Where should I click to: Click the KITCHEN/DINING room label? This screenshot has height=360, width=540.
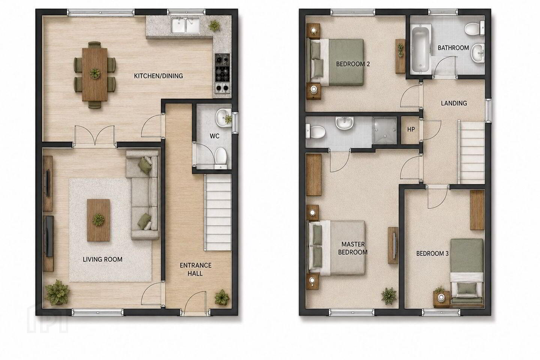coord(158,76)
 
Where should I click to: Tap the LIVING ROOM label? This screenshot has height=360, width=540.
coord(102,259)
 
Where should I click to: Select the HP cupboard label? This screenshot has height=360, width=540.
coord(411,129)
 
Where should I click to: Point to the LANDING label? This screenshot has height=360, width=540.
coord(454,103)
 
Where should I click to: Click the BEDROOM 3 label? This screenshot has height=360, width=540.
coord(432,253)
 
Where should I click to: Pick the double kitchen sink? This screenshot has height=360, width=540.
coord(186,25)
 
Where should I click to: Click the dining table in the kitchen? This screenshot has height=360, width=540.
coord(95,75)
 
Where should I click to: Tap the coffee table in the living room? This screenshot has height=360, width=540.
coord(98,220)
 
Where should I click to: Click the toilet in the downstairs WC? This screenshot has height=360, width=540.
coord(220,157)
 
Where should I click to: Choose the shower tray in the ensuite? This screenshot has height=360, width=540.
coord(385,130)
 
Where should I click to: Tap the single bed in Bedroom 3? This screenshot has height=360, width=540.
coord(467,273)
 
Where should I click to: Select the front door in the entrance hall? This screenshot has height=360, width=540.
coord(195,302)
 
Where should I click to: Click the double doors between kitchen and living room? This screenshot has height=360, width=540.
coord(95,135)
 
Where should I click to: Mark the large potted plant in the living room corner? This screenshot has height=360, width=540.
coord(57,292)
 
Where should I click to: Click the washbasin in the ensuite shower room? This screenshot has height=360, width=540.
coord(345,123)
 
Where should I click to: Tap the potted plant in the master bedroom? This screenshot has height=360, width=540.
coord(388,296)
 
